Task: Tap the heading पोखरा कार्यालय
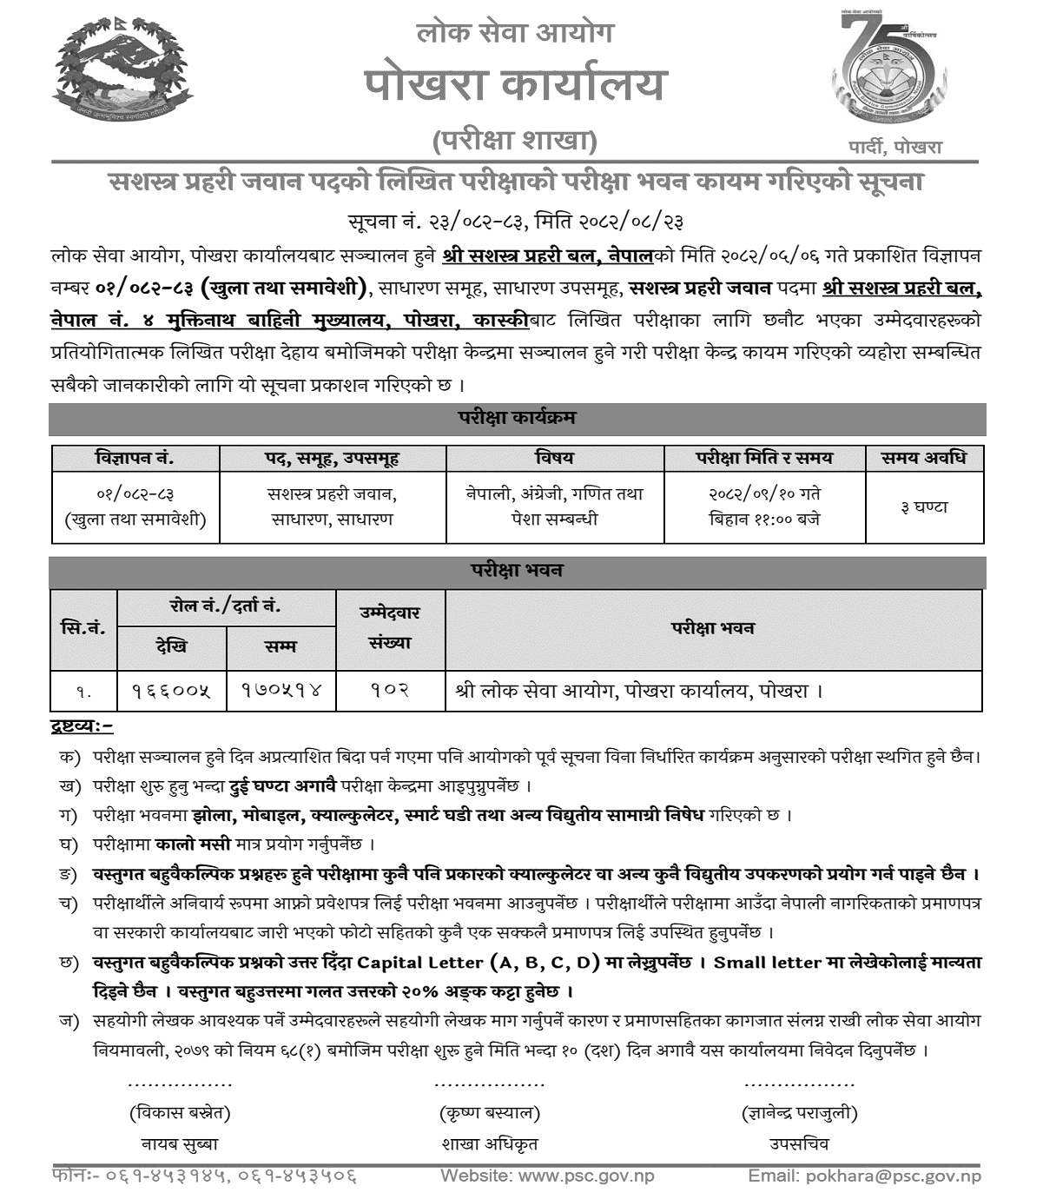pos(515,85)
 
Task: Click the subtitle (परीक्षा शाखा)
pos(515,139)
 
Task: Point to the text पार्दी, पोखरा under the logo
pos(894,147)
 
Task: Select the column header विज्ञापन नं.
pos(135,458)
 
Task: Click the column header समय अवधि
pos(923,458)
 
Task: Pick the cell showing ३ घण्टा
pos(924,507)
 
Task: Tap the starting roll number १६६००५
pos(171,692)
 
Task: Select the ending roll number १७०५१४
pos(281,692)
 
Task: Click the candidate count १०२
pos(390,692)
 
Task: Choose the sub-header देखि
pos(171,646)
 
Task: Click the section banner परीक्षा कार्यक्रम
pos(517,418)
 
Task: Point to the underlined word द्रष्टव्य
pos(82,725)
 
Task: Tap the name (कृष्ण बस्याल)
pos(490,1112)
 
